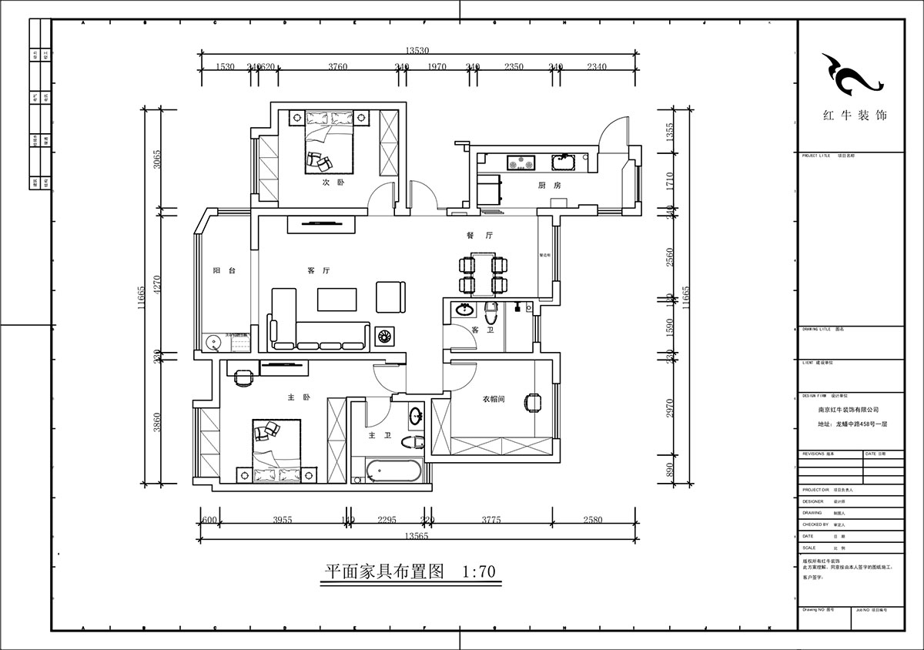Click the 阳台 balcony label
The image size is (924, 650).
click(x=223, y=271)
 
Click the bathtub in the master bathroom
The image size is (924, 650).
click(x=393, y=471)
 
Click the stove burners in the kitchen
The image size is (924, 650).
click(x=521, y=162)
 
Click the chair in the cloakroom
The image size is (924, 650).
click(x=532, y=402)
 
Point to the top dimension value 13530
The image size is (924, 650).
click(x=417, y=51)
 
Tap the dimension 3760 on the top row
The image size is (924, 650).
click(x=337, y=67)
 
